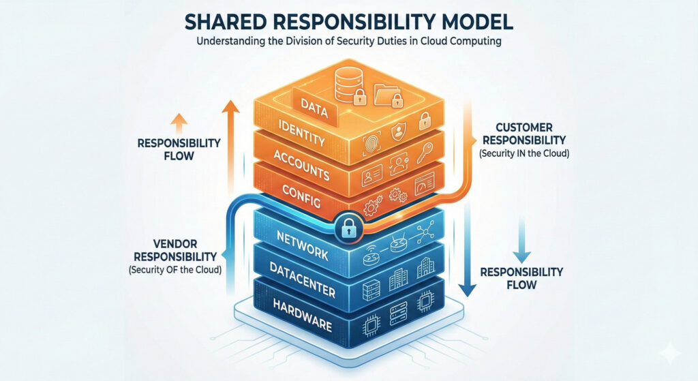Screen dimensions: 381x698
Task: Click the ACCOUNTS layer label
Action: [301, 162]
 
